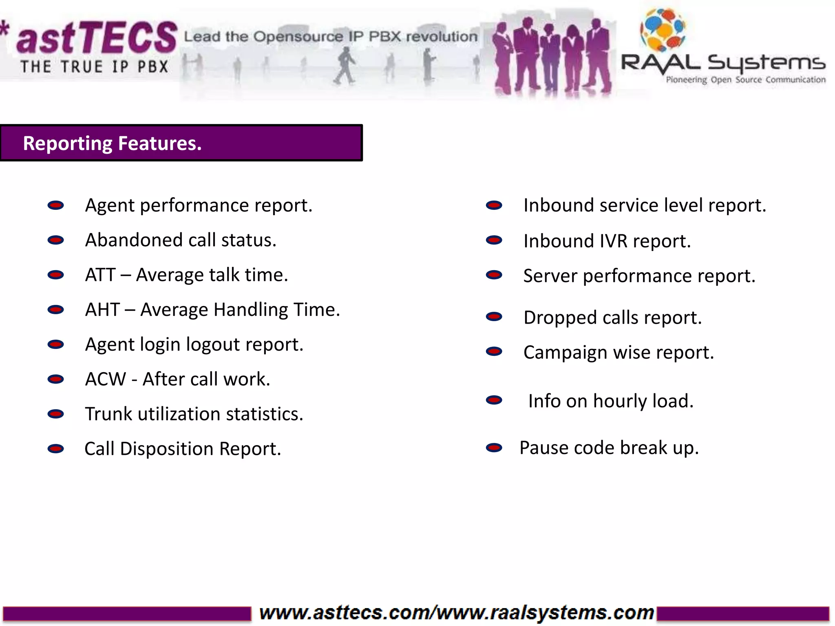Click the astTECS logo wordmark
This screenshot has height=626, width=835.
click(96, 39)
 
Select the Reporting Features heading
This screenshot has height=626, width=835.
click(112, 143)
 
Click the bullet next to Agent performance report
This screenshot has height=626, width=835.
click(55, 205)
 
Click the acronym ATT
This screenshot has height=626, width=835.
click(100, 275)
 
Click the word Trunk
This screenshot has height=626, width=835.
click(108, 414)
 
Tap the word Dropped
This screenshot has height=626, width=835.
click(560, 318)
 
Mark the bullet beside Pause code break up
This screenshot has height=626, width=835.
click(494, 448)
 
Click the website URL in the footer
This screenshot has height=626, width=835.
click(456, 613)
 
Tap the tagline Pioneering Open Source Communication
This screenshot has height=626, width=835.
click(745, 80)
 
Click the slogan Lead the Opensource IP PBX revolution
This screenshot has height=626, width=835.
click(330, 37)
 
